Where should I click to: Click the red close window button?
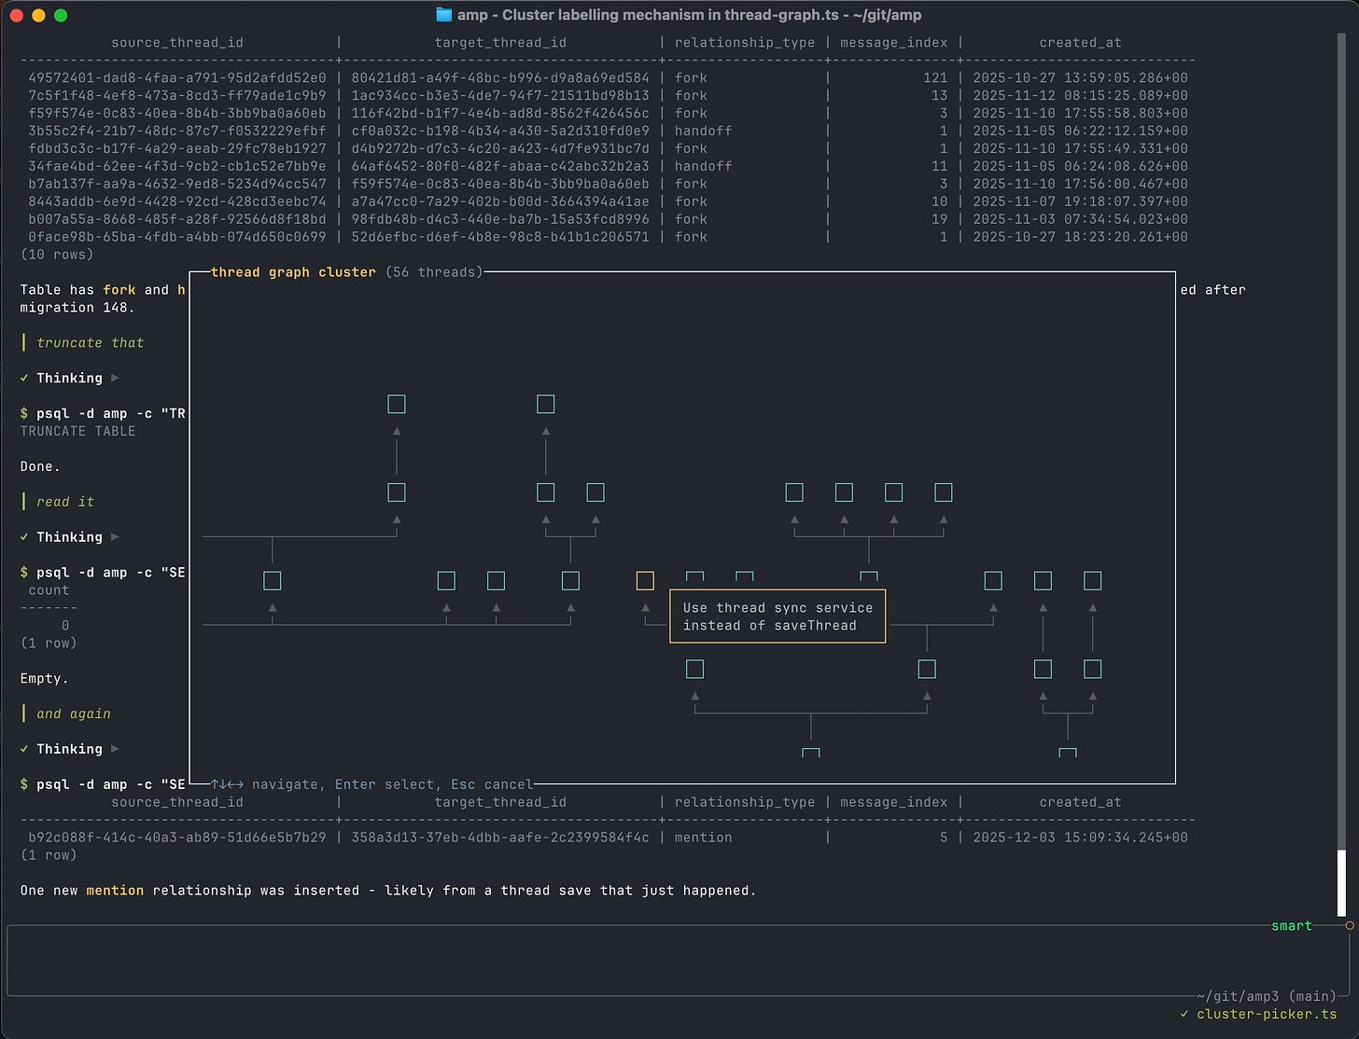16,15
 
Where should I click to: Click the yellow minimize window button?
38,15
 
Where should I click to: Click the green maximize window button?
61,15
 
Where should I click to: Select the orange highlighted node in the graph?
645,581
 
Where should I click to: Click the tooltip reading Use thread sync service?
778,616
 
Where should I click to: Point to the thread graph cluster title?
293,272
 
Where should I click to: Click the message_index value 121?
934,78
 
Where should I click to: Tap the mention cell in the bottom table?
703,838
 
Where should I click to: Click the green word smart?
1291,926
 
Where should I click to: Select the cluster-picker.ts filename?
1266,1014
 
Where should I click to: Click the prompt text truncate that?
90,343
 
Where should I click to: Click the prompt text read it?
65,502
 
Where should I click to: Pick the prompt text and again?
74,714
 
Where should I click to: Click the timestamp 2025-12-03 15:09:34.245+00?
1080,838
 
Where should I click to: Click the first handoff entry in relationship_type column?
703,132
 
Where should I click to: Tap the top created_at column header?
1080,43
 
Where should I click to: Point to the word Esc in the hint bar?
463,785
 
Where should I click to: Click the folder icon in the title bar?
444,15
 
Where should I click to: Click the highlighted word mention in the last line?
115,891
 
